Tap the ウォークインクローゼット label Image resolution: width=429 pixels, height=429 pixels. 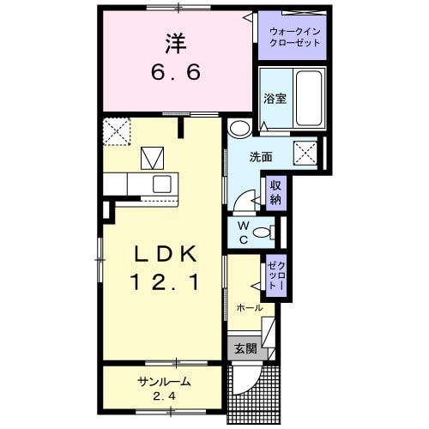pyautogui.click(x=293, y=36)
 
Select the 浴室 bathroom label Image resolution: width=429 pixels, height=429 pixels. pyautogui.click(x=275, y=98)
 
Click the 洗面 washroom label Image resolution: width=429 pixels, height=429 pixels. pyautogui.click(x=261, y=158)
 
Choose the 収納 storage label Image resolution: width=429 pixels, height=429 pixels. pyautogui.click(x=275, y=193)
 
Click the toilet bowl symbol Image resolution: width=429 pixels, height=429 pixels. pyautogui.click(x=265, y=231)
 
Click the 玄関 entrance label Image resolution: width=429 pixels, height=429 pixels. pyautogui.click(x=245, y=349)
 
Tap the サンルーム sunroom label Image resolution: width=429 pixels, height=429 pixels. pyautogui.click(x=163, y=382)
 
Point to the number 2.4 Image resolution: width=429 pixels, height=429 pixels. pyautogui.click(x=163, y=396)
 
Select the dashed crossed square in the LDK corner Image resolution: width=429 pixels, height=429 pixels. pyautogui.click(x=116, y=130)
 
